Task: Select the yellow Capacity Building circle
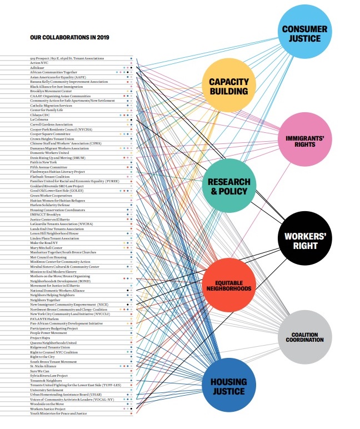click(x=228, y=87)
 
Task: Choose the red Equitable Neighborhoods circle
click(x=228, y=285)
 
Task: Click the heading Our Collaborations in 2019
click(x=69, y=38)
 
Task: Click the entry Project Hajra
click(x=39, y=338)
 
